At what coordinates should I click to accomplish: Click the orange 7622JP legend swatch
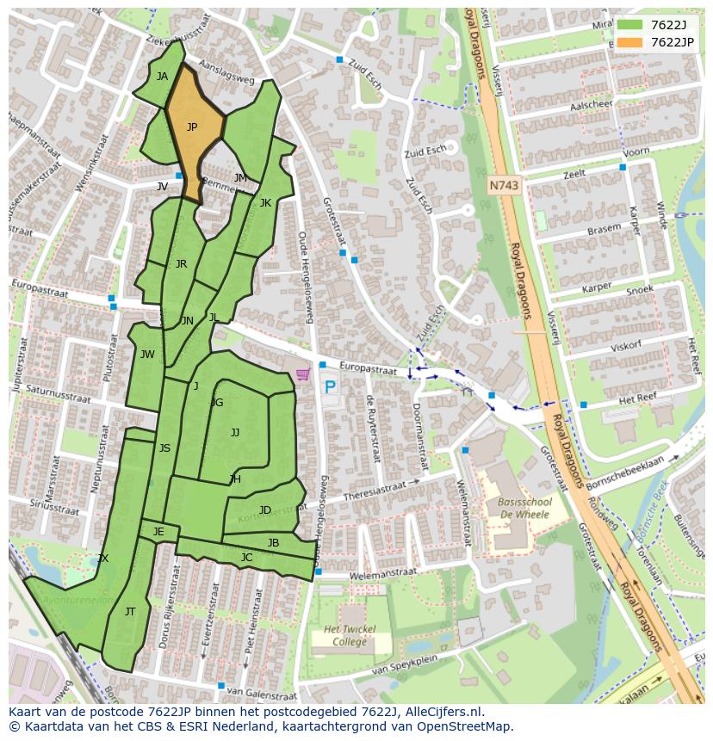[x=629, y=42]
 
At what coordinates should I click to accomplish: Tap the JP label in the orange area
[x=192, y=127]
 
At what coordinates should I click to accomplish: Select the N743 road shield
[x=504, y=185]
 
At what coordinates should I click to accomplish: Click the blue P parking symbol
[x=330, y=387]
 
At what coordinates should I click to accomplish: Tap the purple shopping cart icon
[x=302, y=374]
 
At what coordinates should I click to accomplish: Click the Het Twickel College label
[x=350, y=636]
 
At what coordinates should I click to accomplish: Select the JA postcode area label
[x=162, y=77]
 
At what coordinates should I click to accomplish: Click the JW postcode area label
[x=147, y=355]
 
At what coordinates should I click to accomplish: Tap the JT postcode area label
[x=130, y=612]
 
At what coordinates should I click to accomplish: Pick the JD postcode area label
[x=265, y=510]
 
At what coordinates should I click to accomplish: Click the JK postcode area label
[x=265, y=203]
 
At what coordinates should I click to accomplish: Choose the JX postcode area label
[x=103, y=559]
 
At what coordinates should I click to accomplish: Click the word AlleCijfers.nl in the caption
[x=444, y=712]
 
